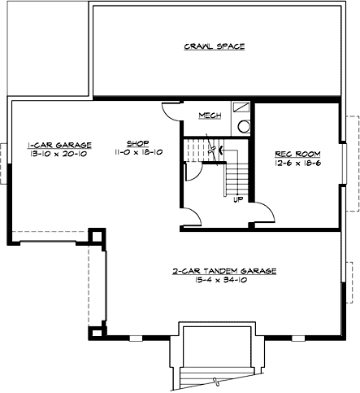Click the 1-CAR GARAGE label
click(59, 143)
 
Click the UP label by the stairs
click(238, 199)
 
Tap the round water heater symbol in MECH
click(242, 126)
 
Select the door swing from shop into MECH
click(170, 114)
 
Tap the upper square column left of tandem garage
click(97, 236)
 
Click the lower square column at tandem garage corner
click(97, 331)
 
